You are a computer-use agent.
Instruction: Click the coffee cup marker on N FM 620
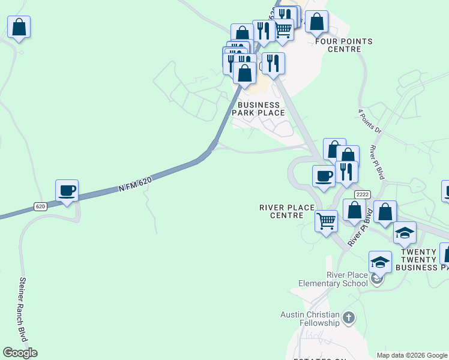(x=67, y=191)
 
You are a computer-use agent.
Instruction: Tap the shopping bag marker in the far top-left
(x=19, y=27)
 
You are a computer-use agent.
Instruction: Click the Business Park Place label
(x=258, y=109)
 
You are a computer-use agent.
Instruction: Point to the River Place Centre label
(x=287, y=211)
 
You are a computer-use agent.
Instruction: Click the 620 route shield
(x=40, y=206)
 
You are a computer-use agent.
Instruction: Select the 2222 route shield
(x=363, y=194)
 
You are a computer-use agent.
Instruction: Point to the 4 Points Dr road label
(x=369, y=121)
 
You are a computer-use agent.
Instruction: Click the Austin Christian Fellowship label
(x=310, y=319)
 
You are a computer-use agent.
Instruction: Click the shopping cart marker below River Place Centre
(x=326, y=221)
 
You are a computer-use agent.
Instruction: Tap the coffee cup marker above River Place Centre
(x=324, y=176)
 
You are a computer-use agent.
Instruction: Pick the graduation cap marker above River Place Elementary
(x=380, y=262)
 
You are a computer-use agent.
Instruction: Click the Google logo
(x=20, y=353)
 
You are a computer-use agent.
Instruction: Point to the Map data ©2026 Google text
(x=412, y=355)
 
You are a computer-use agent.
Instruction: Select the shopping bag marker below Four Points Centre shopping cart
(x=316, y=22)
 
